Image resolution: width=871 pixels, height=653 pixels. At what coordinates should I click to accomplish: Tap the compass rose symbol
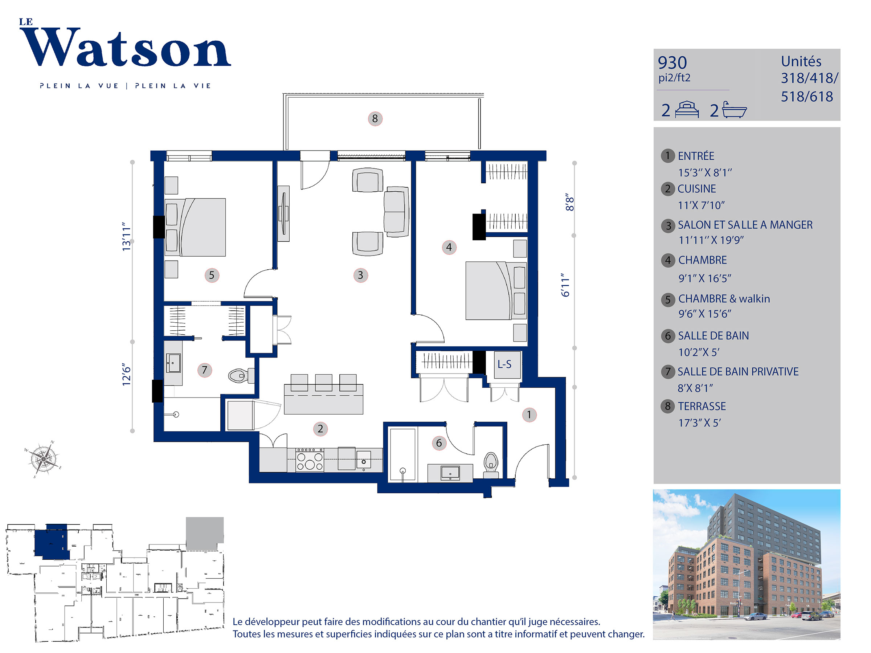pos(43,459)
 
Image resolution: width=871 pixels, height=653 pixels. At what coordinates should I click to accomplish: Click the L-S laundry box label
pos(504,364)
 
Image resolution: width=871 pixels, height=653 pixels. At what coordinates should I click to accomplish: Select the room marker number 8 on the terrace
pos(375,119)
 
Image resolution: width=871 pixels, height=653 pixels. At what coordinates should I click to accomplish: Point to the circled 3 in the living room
pos(360,275)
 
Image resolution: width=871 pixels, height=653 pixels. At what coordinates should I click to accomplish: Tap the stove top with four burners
pos(310,460)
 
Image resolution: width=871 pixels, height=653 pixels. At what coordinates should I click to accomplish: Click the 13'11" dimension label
pos(126,237)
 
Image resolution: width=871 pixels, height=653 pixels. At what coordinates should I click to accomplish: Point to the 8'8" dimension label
pos(569,202)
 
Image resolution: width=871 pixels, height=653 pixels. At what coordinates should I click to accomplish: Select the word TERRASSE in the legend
pos(702,406)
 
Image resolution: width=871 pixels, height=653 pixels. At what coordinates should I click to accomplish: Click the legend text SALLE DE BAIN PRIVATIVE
pos(738,371)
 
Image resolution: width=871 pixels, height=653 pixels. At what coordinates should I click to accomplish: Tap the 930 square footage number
pos(672,63)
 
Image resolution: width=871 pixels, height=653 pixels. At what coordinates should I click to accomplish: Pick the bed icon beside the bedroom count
pos(687,110)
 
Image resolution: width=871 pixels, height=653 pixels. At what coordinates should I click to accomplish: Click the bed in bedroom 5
pos(195,227)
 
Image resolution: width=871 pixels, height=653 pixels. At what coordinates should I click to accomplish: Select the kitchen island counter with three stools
pos(324,399)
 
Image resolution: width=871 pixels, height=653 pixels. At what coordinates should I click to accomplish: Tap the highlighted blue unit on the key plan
pos(52,541)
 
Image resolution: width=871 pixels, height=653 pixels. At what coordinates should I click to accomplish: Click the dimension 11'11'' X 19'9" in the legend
pos(711,240)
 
